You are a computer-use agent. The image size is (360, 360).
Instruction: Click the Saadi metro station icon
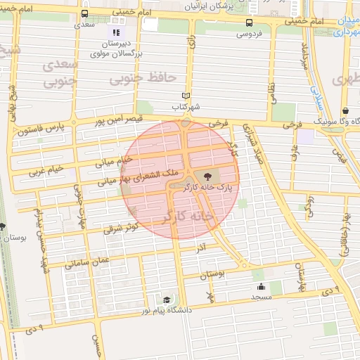click(x=85, y=13)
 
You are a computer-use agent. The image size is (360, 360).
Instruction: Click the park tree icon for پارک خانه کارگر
click(x=207, y=176)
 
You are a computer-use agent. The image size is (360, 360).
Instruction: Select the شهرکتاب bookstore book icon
click(x=186, y=96)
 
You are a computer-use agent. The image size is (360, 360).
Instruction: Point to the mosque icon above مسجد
click(x=261, y=286)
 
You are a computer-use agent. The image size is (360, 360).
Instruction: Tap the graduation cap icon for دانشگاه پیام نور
click(x=167, y=299)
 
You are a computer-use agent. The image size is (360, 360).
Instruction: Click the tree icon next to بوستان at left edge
click(x=3, y=226)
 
